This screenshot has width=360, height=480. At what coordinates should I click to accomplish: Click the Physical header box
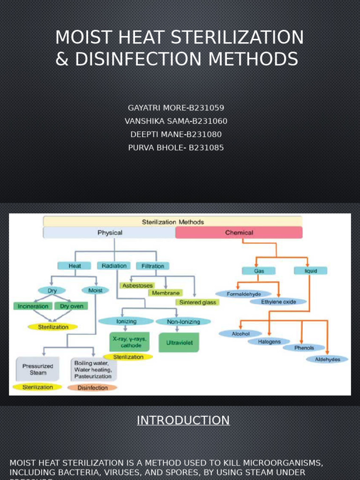(x=110, y=232)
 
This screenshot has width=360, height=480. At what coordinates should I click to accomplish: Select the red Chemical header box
(x=239, y=232)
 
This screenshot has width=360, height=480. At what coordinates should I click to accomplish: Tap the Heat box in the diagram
(x=75, y=266)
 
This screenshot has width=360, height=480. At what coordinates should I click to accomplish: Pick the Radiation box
(x=114, y=266)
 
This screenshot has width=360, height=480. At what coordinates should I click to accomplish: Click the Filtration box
(x=153, y=266)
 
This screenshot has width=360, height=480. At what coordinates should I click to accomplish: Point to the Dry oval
(x=52, y=291)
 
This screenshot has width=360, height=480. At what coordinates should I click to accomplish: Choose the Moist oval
(x=95, y=291)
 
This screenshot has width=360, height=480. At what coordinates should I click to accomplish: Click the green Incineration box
(x=33, y=306)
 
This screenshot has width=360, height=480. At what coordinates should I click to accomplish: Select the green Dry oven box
(x=71, y=306)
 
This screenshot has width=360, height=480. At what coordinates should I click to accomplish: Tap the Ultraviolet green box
(x=179, y=343)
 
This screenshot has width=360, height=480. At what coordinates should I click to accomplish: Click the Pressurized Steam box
(x=38, y=369)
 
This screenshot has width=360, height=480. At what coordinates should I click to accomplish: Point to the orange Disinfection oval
(x=92, y=388)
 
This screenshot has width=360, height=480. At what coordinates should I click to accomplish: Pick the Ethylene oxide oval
(x=279, y=302)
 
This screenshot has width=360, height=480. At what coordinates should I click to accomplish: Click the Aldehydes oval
(x=328, y=360)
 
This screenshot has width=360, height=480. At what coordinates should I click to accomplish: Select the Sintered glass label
(x=197, y=302)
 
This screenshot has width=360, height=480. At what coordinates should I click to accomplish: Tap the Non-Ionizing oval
(x=183, y=322)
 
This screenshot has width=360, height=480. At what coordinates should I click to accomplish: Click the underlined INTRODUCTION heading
(x=183, y=420)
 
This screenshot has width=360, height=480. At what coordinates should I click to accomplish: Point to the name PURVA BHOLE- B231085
(x=176, y=148)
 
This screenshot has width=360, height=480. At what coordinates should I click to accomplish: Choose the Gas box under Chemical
(x=258, y=271)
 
